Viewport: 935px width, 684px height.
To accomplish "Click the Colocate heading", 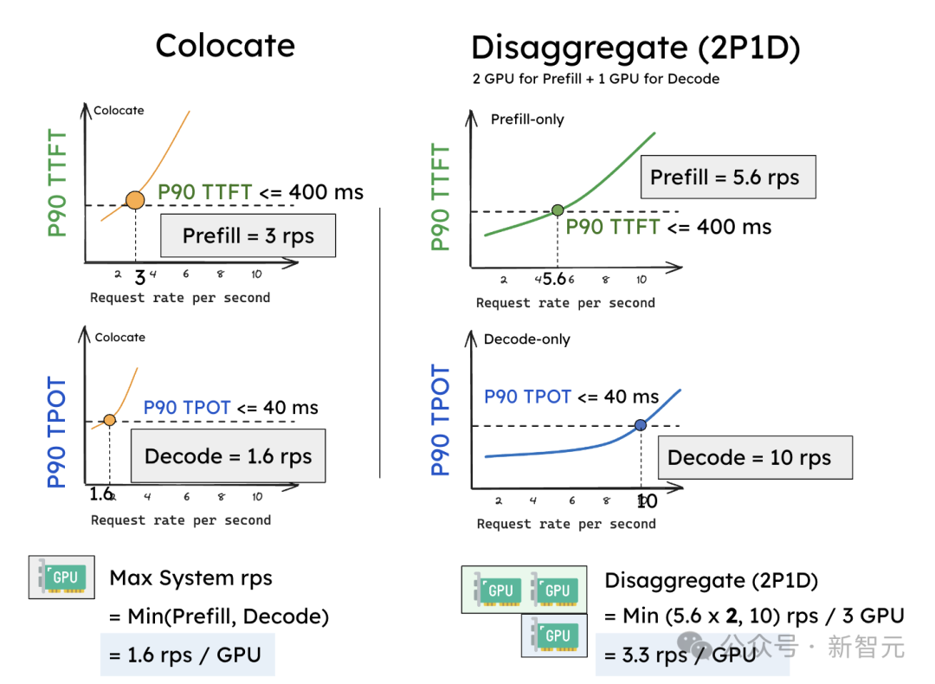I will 225,45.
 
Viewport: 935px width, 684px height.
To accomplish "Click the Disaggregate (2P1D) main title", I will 635,48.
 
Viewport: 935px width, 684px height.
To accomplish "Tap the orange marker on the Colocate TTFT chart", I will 135,200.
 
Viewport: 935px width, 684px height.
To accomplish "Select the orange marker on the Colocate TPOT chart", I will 110,420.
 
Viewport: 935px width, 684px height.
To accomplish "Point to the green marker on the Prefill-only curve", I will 558,210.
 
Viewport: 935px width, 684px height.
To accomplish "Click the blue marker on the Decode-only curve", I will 641,424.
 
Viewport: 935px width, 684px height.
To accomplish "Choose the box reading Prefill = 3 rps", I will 248,236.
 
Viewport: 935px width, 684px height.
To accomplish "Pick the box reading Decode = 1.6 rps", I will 228,456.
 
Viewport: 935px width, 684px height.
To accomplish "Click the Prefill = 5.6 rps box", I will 725,177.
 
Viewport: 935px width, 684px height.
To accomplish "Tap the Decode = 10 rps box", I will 749,458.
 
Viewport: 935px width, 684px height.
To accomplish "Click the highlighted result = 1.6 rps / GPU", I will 187,655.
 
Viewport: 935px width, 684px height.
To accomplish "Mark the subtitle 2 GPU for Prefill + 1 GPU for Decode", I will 596,79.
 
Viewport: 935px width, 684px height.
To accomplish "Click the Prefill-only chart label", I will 527,119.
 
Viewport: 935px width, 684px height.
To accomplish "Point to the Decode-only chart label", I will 526,339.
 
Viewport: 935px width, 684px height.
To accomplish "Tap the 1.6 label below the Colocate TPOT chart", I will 100,494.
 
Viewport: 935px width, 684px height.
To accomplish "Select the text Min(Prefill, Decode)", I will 218,616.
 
